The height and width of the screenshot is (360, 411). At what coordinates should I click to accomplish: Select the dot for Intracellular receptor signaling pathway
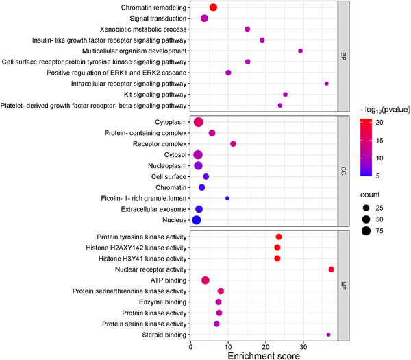pos(326,84)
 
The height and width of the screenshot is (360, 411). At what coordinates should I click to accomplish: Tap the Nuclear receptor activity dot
pos(331,269)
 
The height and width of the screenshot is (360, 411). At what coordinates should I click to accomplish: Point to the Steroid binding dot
pos(328,335)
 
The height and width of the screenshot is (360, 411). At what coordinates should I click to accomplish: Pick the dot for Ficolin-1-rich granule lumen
pos(227,198)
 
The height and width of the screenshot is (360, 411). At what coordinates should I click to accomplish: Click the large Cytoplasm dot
pos(199,122)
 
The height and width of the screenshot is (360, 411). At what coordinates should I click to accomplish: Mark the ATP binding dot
pos(205,280)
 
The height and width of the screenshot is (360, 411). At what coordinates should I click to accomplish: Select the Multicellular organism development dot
pos(300,51)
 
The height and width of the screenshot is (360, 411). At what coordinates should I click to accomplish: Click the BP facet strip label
pos(344,56)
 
